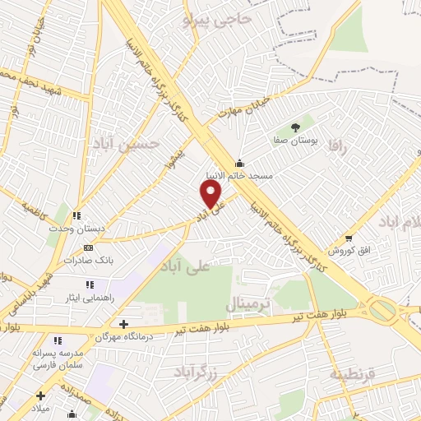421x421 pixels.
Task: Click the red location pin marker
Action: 211,193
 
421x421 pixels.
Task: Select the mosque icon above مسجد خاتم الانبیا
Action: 239,162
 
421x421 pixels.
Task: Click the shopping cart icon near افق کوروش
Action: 349,238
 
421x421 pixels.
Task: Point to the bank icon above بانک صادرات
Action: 88,247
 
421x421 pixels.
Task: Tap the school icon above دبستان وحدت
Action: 76,215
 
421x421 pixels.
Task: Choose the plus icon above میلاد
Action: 40,396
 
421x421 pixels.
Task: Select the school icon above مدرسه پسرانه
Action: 57,340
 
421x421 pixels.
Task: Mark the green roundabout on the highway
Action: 382,311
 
